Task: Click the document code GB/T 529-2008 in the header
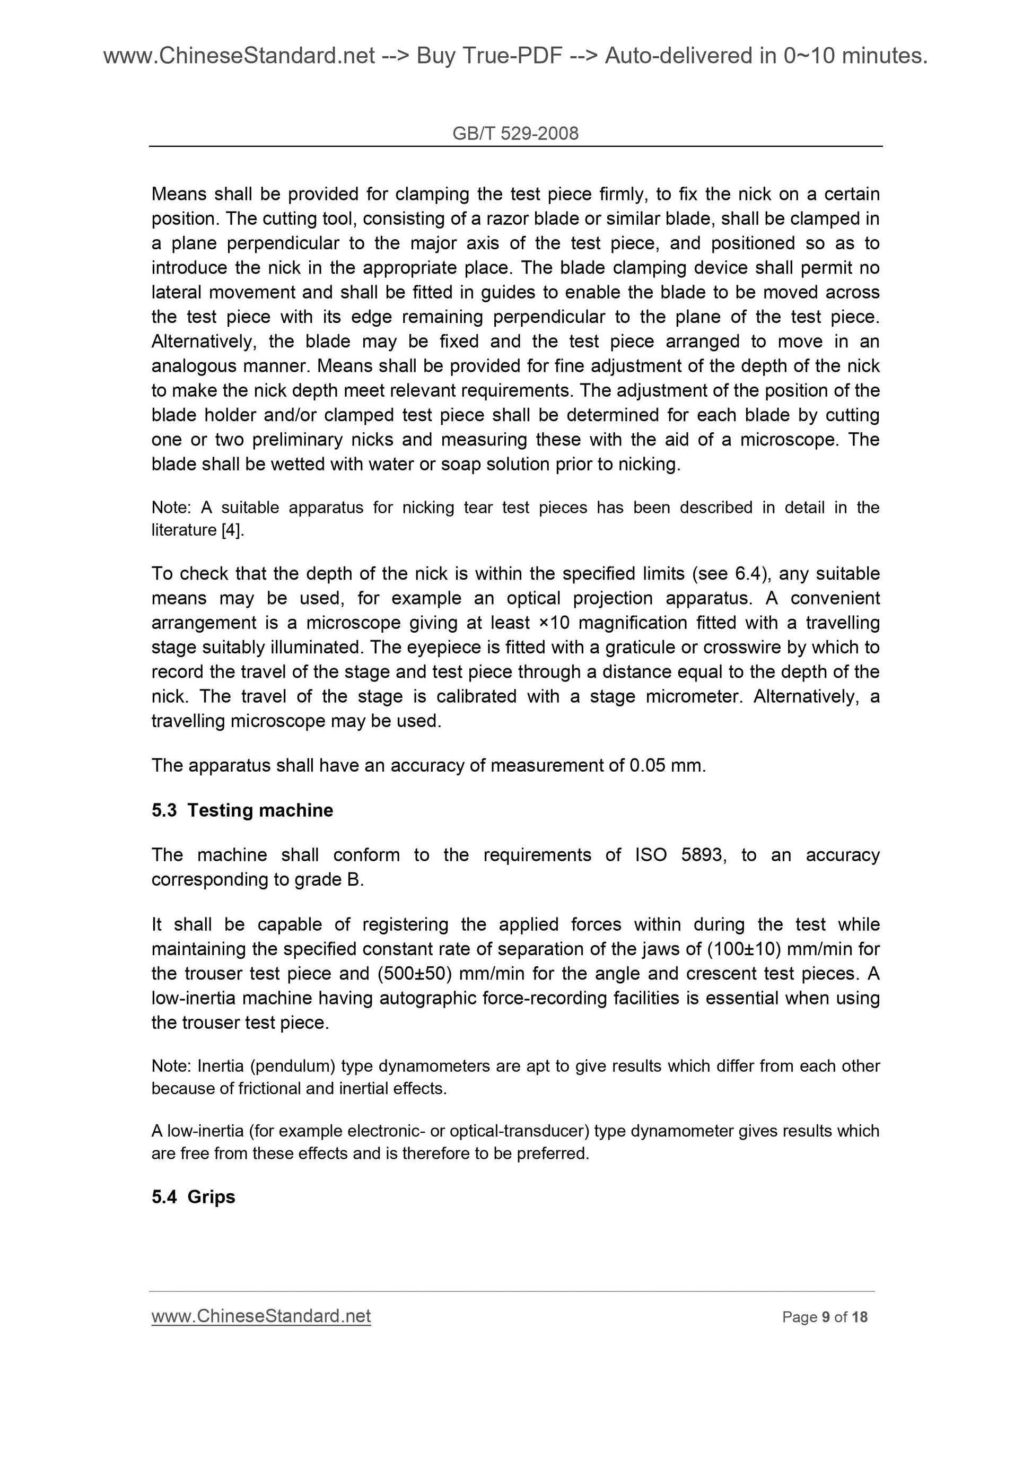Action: [x=515, y=134]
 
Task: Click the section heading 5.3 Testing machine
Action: [x=242, y=810]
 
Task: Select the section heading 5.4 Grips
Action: [x=194, y=1197]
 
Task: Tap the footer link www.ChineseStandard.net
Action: [x=261, y=1316]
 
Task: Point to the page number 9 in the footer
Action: [x=825, y=1317]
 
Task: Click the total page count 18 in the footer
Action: [x=860, y=1317]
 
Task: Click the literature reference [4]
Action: [x=232, y=530]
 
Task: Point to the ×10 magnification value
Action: [x=553, y=623]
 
